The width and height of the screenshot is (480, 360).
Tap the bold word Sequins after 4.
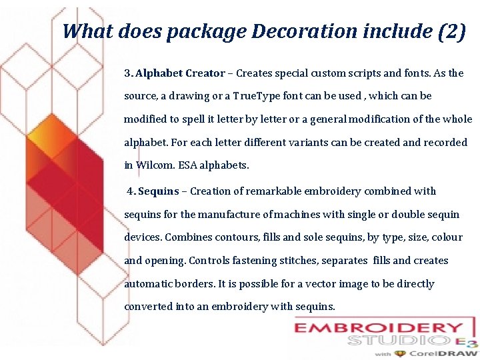(158, 191)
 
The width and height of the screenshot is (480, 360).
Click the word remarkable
(274, 191)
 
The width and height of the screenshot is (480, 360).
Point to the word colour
(446, 237)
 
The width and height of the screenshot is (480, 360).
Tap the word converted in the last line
(148, 307)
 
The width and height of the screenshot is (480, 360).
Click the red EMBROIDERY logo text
(379, 328)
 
